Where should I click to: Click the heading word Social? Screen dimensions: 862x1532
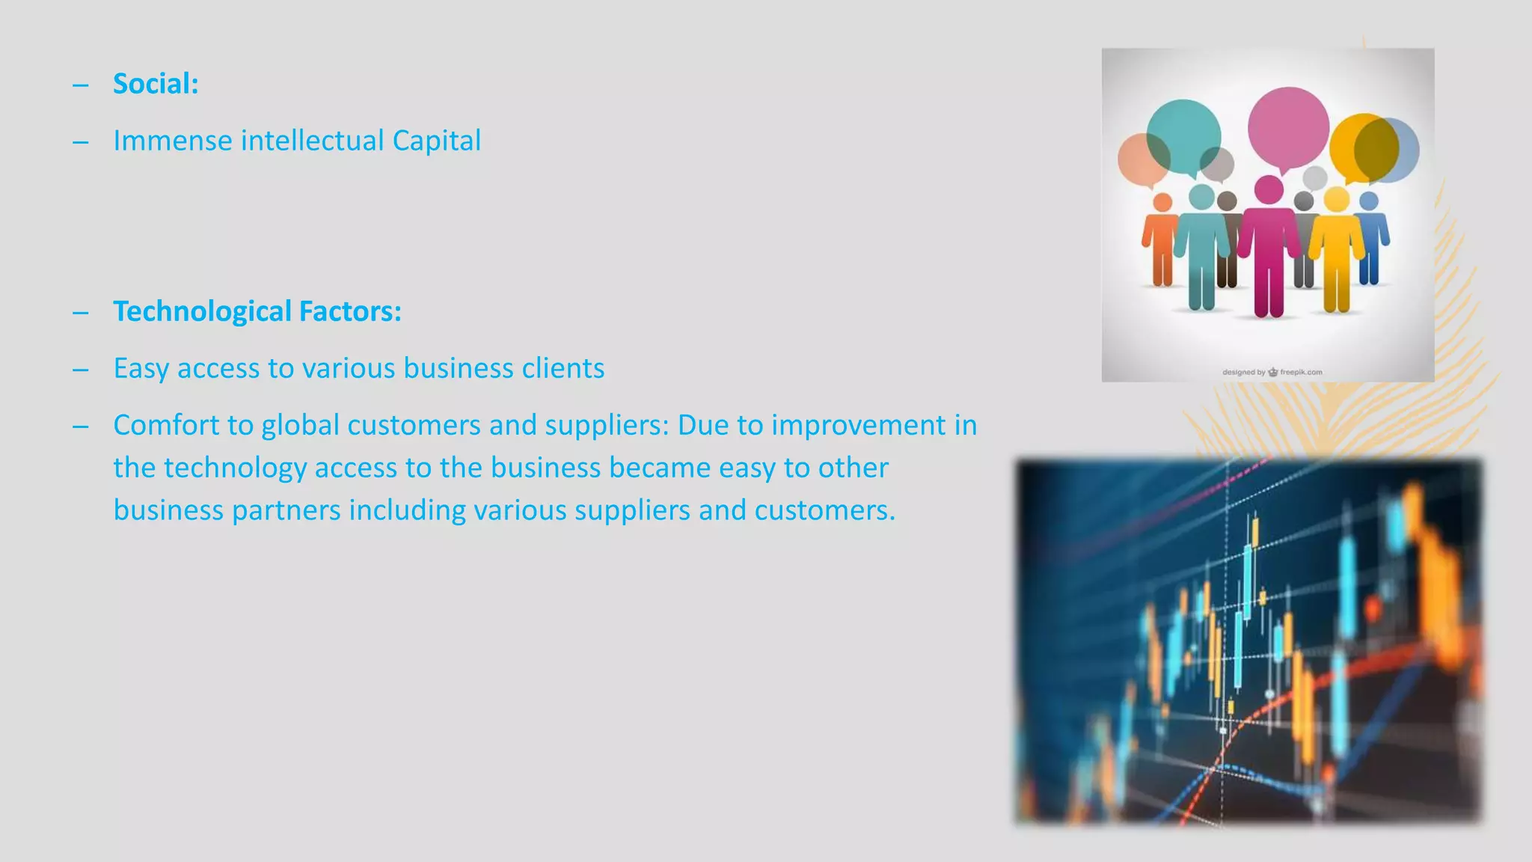156,84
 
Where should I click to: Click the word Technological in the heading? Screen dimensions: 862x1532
201,312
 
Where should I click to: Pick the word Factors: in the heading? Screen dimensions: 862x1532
350,312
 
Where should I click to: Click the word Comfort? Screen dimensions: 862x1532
165,425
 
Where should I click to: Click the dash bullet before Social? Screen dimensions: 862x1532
81,85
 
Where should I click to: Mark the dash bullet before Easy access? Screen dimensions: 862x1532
81,370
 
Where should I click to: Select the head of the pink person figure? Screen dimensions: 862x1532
1269,189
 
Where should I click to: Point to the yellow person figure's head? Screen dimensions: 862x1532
1336,199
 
